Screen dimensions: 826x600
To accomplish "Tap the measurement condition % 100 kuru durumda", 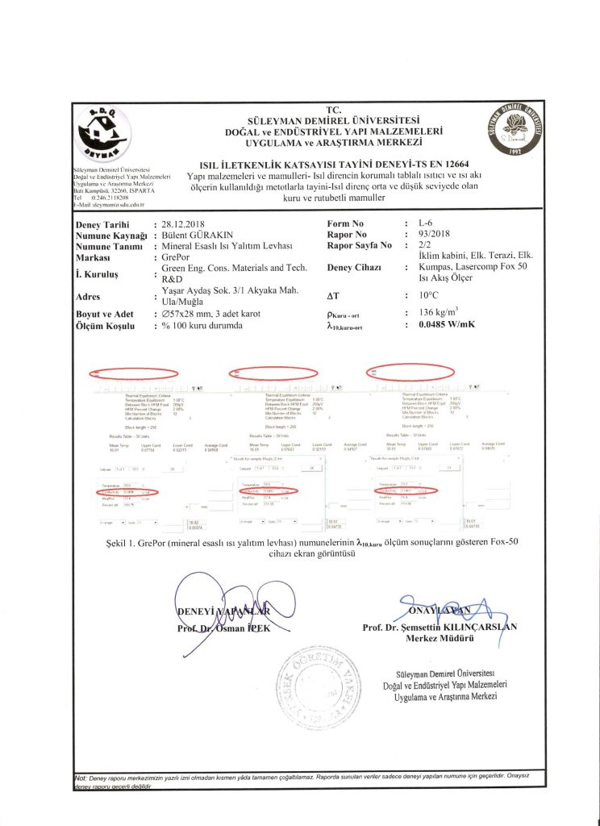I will coord(202,326).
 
